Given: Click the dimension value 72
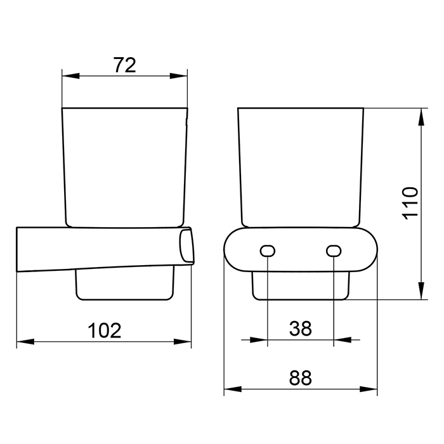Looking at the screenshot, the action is tap(125, 65).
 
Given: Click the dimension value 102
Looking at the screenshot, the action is tap(105, 330).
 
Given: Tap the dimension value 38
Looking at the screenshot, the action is tap(301, 329).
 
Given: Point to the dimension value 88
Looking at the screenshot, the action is tap(301, 378).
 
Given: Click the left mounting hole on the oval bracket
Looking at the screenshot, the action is tap(267, 251).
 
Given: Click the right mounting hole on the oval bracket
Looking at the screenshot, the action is tap(334, 251).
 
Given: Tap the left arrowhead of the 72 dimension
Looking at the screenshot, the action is tap(70, 76).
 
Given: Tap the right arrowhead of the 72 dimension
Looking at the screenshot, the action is tap(179, 76).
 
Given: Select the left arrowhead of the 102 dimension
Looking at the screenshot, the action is tap(25, 341).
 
